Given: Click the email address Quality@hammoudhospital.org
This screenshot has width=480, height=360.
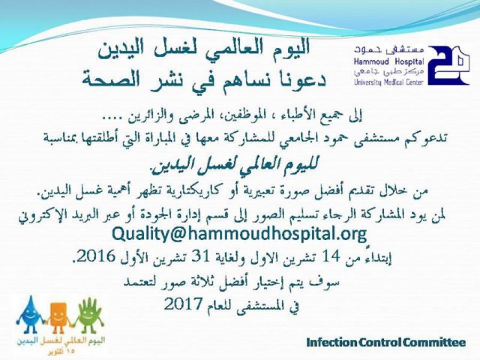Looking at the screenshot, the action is pos(239,235).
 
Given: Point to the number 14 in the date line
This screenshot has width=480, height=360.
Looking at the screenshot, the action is pos(331,257).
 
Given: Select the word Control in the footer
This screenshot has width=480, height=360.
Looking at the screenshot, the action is pos(380,342).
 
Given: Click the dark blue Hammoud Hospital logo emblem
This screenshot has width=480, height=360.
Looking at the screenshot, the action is pos(449,66).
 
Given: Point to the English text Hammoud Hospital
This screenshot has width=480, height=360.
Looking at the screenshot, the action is pos(389,61).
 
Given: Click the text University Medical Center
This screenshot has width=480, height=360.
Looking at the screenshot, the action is pos(389,82).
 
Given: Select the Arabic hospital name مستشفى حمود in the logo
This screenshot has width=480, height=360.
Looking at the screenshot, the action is pos(389,51).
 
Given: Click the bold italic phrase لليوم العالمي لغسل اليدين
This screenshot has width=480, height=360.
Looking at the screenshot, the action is pos(233,166).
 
